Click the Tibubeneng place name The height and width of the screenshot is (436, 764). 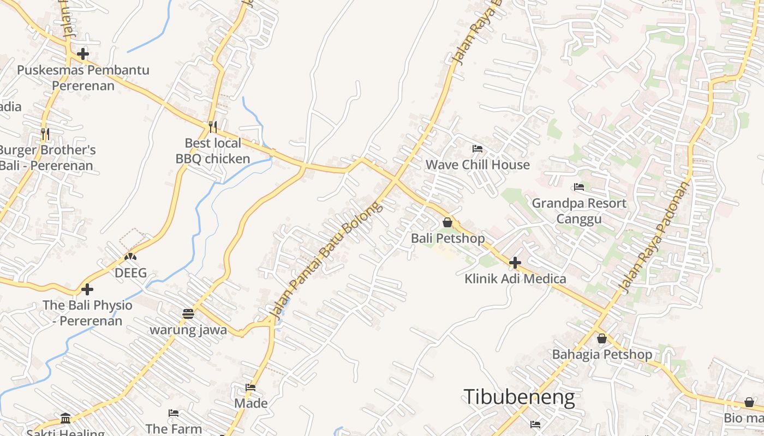[x=519, y=397]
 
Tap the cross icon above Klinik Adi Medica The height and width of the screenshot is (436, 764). [x=515, y=263]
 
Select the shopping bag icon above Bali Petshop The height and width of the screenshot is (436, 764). [x=447, y=222]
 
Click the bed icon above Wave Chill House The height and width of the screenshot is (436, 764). [x=477, y=148]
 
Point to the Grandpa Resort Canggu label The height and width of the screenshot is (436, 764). [x=579, y=211]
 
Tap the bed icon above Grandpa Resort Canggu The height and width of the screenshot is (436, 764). [x=579, y=187]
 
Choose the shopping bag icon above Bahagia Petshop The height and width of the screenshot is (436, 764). [x=602, y=338]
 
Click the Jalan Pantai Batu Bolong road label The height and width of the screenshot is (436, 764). [x=326, y=261]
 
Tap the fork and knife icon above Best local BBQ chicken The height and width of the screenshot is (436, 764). [x=213, y=126]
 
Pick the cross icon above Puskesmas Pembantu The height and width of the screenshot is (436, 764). [x=83, y=54]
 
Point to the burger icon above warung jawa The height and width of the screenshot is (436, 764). [x=188, y=314]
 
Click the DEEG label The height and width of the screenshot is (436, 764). [x=130, y=273]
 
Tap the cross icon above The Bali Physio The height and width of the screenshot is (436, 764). [x=87, y=289]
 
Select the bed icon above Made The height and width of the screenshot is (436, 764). [x=250, y=387]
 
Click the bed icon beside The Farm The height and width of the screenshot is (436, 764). [x=174, y=413]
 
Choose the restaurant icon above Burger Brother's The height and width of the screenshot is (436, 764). [x=45, y=133]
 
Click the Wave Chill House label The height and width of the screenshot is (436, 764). [x=477, y=165]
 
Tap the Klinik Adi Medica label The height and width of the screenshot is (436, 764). [x=515, y=279]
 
